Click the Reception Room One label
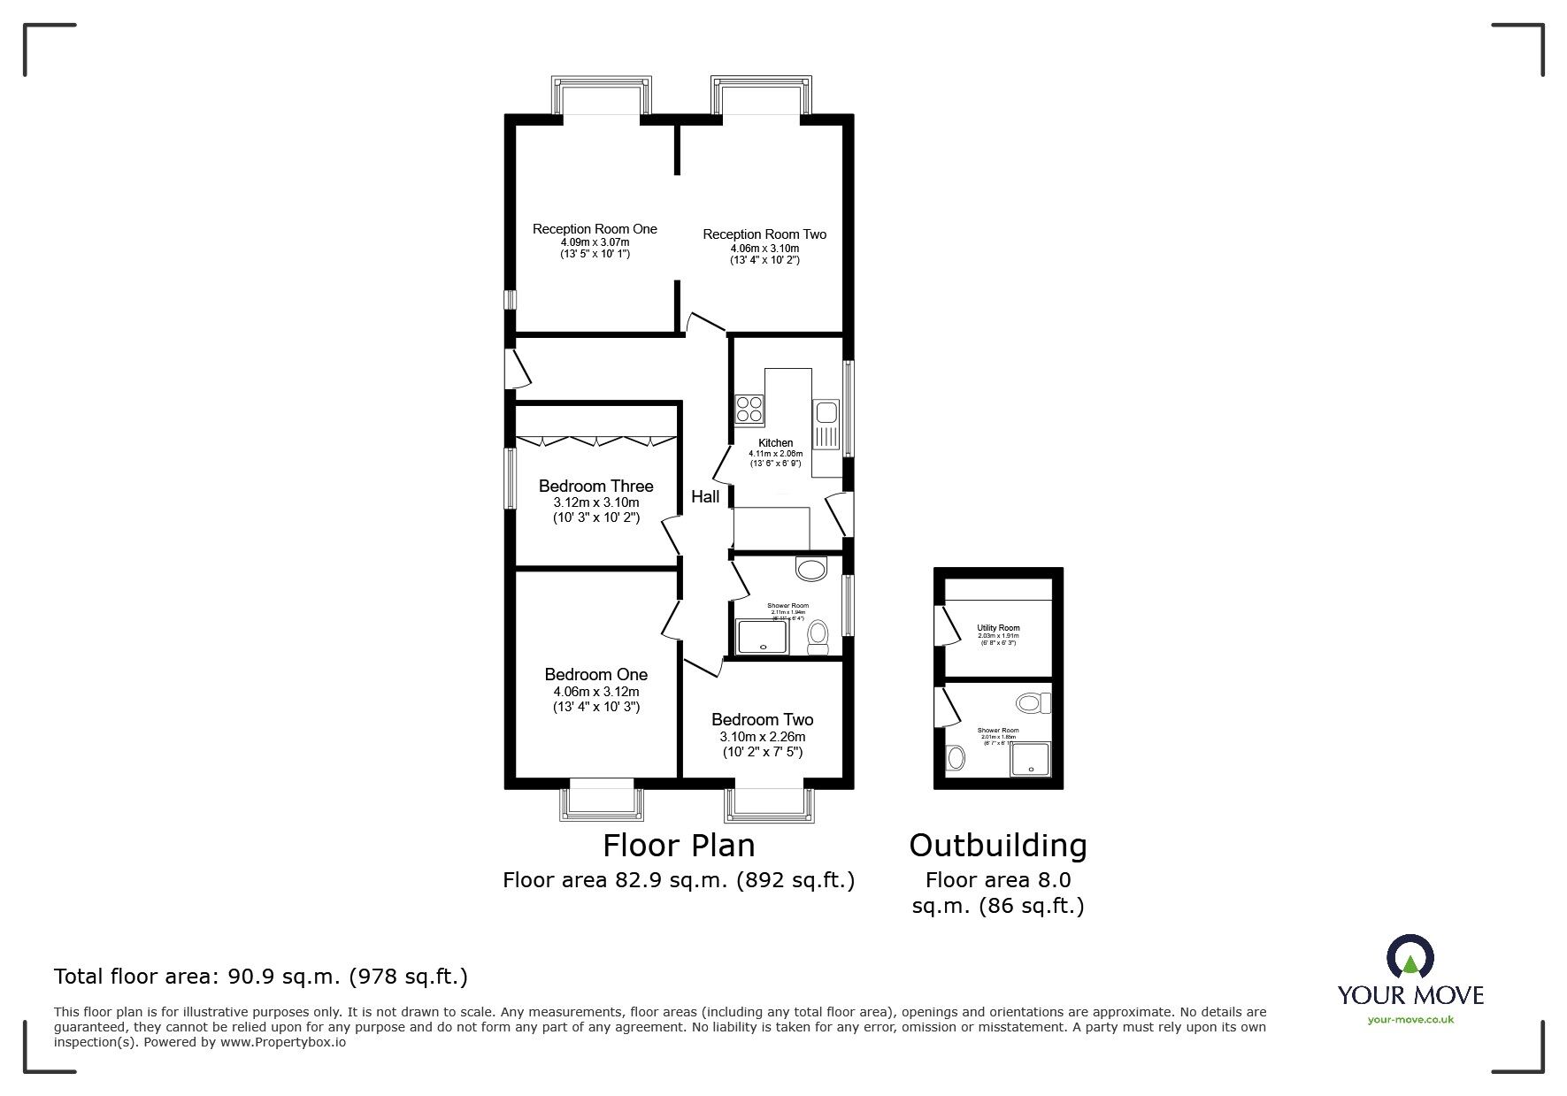click(595, 229)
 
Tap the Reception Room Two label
click(764, 234)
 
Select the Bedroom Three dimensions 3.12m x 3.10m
click(595, 502)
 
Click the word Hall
click(705, 497)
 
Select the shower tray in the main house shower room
click(763, 637)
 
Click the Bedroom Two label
click(762, 720)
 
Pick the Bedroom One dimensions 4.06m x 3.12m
click(595, 692)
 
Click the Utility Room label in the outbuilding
click(998, 628)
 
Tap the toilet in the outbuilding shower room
click(1032, 703)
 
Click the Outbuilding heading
click(998, 846)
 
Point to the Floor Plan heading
click(679, 846)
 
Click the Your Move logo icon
click(1410, 956)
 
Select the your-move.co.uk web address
click(1410, 1020)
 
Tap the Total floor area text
click(261, 977)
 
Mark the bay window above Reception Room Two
click(761, 95)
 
